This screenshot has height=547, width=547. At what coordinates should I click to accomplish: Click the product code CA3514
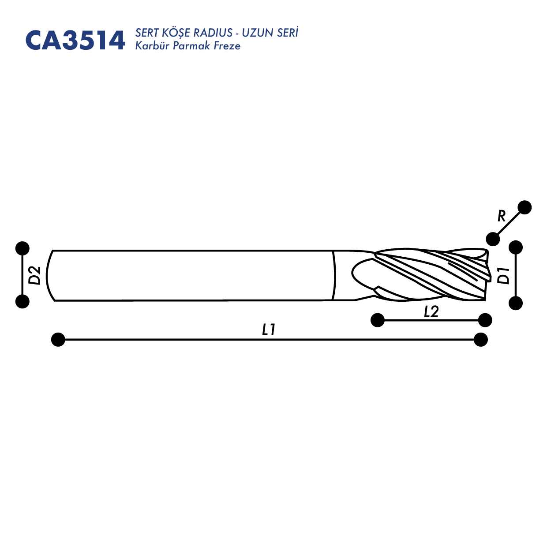click(x=75, y=41)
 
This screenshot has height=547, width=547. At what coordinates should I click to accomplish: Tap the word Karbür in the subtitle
click(x=152, y=46)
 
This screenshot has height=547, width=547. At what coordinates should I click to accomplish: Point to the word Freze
click(x=227, y=46)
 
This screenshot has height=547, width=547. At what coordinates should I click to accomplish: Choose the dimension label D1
click(x=503, y=275)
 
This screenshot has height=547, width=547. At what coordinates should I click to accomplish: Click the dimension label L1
click(x=269, y=329)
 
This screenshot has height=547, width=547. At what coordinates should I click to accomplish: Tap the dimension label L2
click(x=431, y=312)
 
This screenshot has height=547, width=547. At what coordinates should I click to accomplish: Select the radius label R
click(x=502, y=216)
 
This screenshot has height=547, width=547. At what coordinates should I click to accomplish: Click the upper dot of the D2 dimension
click(x=22, y=248)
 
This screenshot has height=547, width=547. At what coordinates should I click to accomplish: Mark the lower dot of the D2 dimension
click(x=22, y=301)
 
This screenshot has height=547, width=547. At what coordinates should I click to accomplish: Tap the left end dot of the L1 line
click(x=58, y=340)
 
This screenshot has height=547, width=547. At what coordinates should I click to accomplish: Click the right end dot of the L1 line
click(x=480, y=340)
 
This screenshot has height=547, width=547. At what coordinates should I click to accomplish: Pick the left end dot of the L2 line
click(x=378, y=320)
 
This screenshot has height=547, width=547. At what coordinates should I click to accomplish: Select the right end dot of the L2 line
click(x=485, y=320)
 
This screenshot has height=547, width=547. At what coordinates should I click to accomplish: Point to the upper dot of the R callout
click(x=525, y=207)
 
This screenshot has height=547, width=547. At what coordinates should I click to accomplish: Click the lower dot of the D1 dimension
click(x=516, y=303)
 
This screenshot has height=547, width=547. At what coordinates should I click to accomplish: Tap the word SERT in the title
click(x=146, y=33)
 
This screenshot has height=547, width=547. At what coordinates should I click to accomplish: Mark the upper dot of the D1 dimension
click(x=516, y=247)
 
